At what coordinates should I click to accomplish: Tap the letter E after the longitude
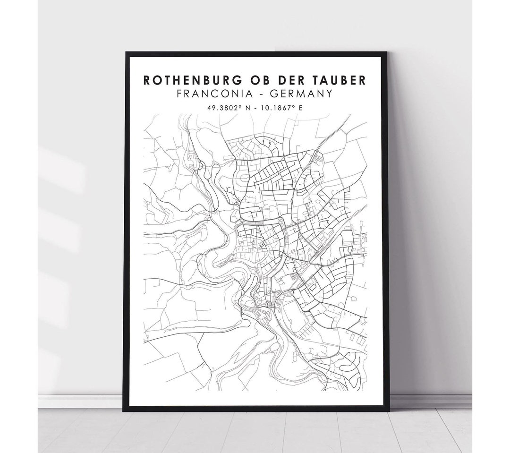300,108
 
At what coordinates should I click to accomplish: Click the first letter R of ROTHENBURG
147,80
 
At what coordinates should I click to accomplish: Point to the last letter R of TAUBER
362,80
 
